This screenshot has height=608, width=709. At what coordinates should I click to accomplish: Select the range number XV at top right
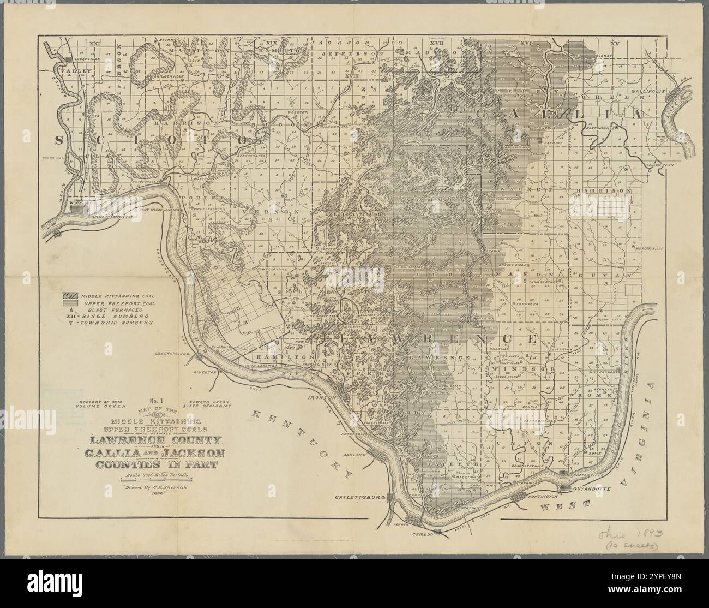tap(616, 43)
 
